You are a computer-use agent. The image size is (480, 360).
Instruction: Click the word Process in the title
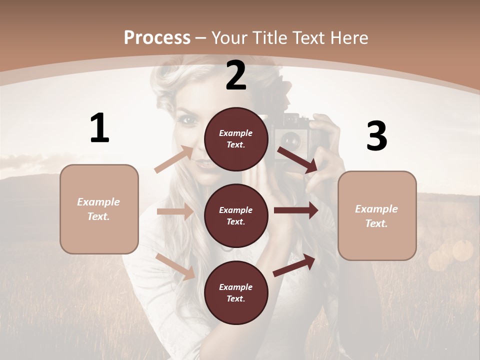(x=157, y=38)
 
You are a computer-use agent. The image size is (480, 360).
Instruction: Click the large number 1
(x=99, y=128)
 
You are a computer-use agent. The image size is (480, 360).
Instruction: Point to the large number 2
(x=236, y=75)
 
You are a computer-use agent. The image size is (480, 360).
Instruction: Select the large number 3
(x=376, y=136)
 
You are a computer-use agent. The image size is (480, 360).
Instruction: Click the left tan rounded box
(x=99, y=209)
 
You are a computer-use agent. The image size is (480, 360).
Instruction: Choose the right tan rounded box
(x=377, y=215)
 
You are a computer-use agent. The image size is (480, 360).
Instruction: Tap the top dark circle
(x=236, y=139)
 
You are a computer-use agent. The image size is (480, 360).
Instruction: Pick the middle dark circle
(x=236, y=215)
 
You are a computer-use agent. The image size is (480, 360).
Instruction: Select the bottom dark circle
(x=236, y=292)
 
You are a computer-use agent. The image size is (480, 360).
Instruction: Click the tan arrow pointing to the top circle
(x=174, y=159)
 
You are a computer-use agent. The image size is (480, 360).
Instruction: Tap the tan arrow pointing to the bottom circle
(x=175, y=266)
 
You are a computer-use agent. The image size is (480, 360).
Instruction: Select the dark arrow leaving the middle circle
(x=296, y=210)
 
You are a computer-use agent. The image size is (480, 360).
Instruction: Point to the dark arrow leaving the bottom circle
(x=294, y=264)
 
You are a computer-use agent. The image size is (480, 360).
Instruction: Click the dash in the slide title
(x=200, y=38)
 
